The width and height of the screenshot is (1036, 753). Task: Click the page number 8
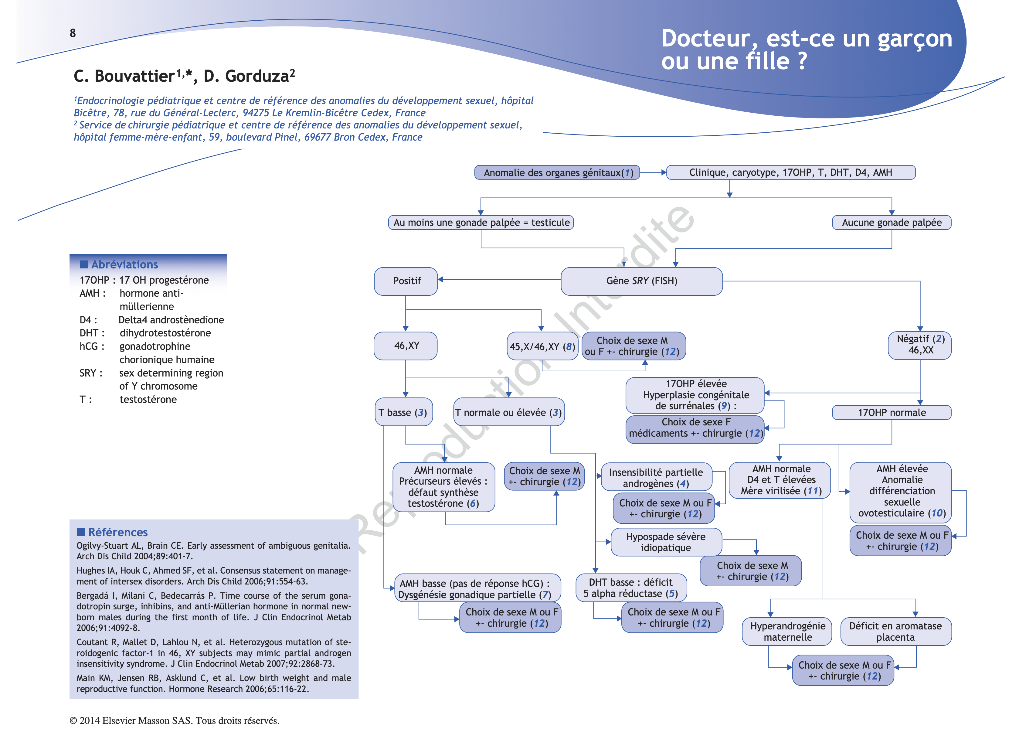tap(73, 33)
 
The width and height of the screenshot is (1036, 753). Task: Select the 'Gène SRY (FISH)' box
tap(641, 281)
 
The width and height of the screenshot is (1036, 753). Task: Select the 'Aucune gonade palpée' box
tap(891, 223)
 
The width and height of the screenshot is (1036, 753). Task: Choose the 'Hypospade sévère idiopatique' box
tap(666, 542)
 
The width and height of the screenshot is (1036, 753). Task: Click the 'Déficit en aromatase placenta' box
tap(895, 632)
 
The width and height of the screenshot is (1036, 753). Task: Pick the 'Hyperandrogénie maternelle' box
tap(787, 632)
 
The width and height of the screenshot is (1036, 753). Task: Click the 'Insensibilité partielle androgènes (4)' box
tap(656, 478)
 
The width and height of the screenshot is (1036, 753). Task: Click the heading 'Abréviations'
tap(124, 264)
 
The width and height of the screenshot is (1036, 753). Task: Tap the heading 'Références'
tap(117, 532)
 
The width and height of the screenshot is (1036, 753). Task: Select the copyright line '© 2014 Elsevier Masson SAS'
tap(174, 721)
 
